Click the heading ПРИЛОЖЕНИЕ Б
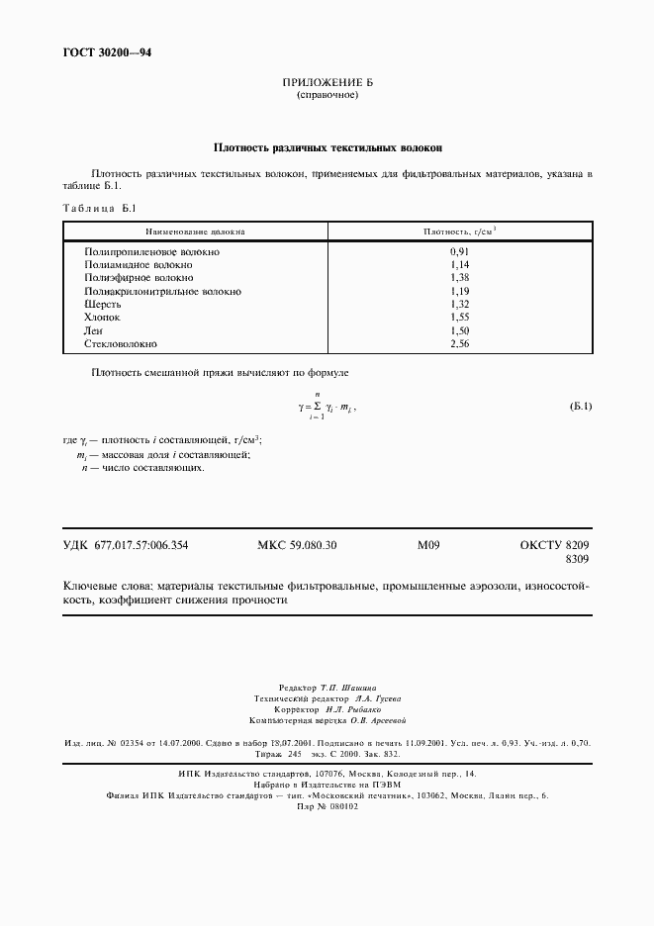327,83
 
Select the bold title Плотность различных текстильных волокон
327,147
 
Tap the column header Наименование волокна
196,231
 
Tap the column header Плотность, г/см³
459,231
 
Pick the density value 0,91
458,252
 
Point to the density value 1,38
458,279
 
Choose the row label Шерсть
103,305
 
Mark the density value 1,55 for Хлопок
458,318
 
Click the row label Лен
94,330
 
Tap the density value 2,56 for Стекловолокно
458,343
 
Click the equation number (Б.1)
581,407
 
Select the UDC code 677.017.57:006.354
141,545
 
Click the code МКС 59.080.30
297,545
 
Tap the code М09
428,545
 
